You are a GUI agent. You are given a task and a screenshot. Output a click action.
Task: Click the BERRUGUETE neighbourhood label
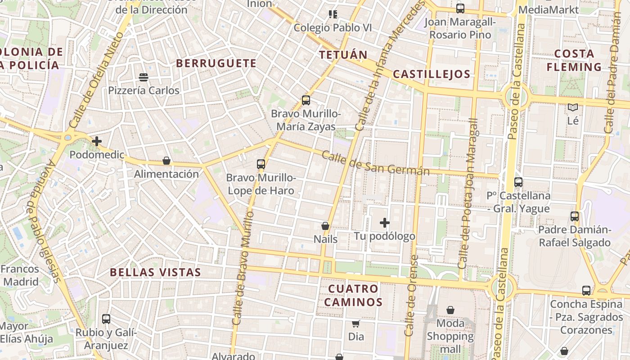click(x=216, y=63)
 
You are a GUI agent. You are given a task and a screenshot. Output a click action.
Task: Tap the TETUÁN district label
click(x=343, y=55)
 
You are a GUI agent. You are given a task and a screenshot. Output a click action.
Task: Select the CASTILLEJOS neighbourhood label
click(x=432, y=74)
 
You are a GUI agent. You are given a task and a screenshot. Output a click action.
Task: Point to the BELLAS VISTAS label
click(x=155, y=272)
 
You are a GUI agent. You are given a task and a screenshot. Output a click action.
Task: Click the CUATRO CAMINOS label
click(x=353, y=295)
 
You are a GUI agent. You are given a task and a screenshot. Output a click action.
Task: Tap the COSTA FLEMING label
click(x=574, y=60)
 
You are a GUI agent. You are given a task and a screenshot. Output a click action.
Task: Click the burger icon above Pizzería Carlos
click(x=144, y=77)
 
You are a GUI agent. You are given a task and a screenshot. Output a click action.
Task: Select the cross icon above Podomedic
click(x=96, y=141)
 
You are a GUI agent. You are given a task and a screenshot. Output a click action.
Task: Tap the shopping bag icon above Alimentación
click(x=166, y=161)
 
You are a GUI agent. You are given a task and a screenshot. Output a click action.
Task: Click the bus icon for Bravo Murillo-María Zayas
click(x=306, y=100)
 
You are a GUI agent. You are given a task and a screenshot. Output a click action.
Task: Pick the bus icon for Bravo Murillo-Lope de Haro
click(x=261, y=164)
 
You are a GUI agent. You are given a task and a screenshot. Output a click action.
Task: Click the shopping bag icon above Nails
click(x=325, y=226)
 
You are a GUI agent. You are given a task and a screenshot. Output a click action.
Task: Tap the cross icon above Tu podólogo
click(x=384, y=223)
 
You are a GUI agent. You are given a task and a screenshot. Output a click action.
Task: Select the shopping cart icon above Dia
click(x=356, y=323)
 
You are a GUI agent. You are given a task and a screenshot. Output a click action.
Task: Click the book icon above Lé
click(x=572, y=107)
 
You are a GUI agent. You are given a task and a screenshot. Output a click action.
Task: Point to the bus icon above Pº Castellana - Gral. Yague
click(x=518, y=182)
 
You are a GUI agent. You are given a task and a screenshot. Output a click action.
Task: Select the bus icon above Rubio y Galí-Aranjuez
click(x=106, y=319)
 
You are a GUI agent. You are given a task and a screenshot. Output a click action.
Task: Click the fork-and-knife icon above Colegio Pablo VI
click(x=333, y=14)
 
